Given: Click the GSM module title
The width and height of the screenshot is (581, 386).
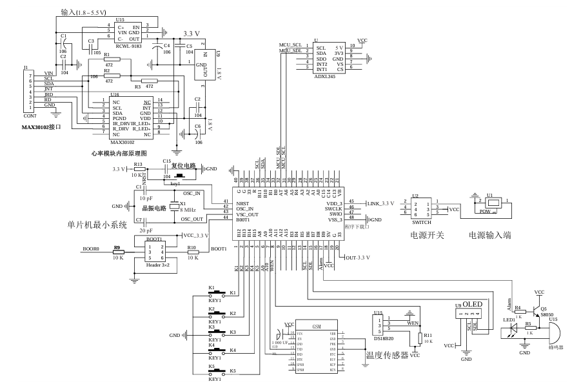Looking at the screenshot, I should click(316, 327).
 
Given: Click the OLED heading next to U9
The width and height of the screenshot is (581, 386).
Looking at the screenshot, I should click(473, 305).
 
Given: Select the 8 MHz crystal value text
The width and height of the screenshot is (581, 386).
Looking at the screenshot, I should click(187, 210).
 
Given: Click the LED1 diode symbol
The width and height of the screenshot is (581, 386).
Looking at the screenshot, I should click(515, 327).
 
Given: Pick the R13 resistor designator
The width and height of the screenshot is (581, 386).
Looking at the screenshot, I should click(138, 165).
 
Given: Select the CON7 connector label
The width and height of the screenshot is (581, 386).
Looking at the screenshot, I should click(30, 116).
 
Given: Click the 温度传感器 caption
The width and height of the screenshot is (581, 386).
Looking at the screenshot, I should click(388, 354).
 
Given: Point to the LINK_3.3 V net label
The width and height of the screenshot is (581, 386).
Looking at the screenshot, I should click(380, 203).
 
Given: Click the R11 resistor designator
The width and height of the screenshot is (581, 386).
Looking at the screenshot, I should click(429, 336).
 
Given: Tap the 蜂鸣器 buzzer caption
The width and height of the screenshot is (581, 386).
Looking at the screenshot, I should click(553, 347).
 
